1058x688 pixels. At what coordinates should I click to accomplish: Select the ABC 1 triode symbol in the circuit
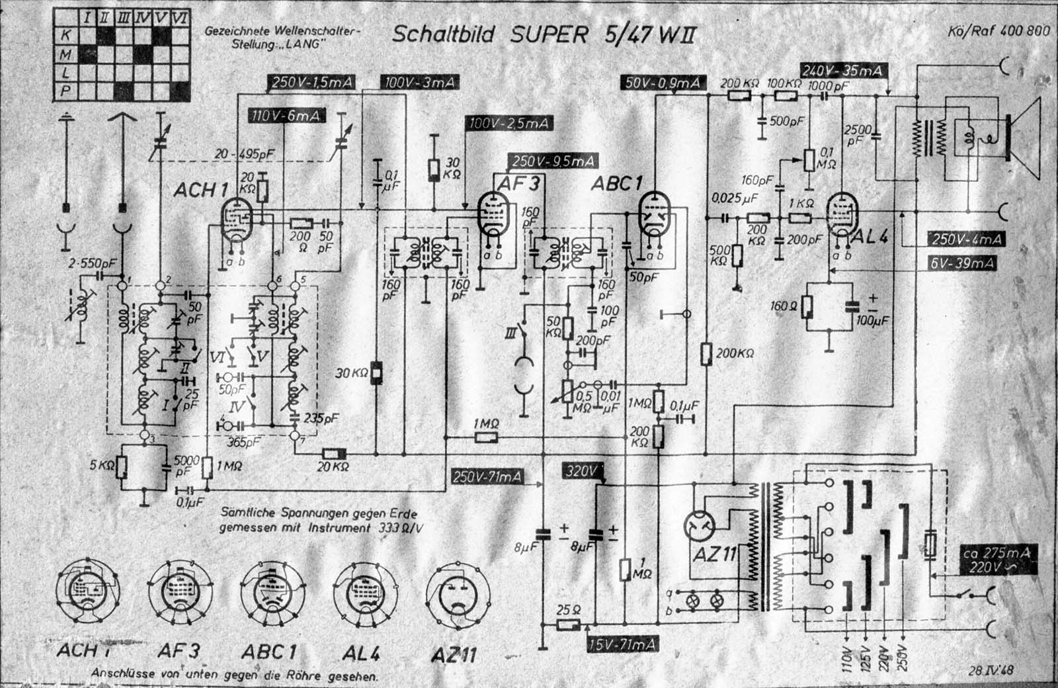click(x=654, y=215)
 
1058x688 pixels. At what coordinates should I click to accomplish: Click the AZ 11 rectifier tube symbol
click(x=699, y=526)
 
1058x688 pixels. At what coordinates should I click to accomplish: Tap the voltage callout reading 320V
click(x=582, y=471)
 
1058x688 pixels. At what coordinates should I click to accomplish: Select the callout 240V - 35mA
click(x=842, y=71)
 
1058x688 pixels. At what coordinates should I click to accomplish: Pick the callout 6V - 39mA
click(x=962, y=263)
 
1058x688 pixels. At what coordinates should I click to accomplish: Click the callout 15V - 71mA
click(x=622, y=644)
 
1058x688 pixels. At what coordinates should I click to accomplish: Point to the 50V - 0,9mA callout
click(x=663, y=83)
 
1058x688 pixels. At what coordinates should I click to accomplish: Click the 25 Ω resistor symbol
click(x=568, y=624)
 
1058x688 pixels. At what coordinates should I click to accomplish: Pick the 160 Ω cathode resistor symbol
click(x=807, y=307)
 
